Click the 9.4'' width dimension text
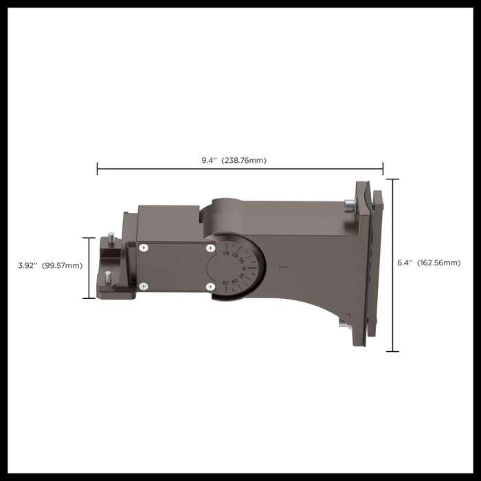[x=208, y=160]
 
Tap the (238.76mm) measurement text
[x=243, y=160]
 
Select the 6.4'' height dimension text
[x=405, y=262]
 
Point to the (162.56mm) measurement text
[x=438, y=262]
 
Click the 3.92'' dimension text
[x=28, y=265]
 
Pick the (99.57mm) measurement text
[x=62, y=265]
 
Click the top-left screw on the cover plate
[x=143, y=247]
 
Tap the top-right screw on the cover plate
[x=210, y=247]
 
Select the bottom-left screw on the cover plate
[x=143, y=287]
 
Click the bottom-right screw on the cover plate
[x=210, y=287]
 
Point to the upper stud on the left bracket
[x=111, y=237]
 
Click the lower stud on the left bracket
[x=108, y=277]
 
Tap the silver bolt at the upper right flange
[x=349, y=204]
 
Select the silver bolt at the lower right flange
[x=345, y=322]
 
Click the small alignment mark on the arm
[x=280, y=267]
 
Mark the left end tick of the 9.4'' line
[x=97, y=169]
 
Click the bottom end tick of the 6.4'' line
[x=392, y=351]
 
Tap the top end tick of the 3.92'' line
[x=89, y=238]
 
